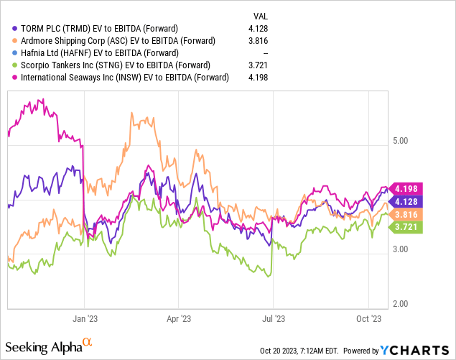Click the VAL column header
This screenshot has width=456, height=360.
click(x=263, y=15)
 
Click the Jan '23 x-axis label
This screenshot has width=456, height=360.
click(x=85, y=316)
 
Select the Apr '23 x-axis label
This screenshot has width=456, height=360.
click(x=178, y=316)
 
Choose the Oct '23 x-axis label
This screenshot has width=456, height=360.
click(x=368, y=316)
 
